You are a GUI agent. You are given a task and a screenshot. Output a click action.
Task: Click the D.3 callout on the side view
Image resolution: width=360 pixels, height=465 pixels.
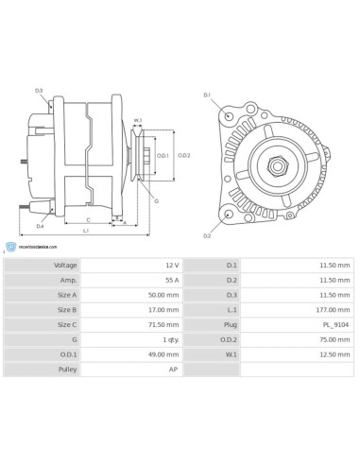coord(39,91)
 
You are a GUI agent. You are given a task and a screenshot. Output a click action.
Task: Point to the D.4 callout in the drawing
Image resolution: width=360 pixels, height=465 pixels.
coord(40,227)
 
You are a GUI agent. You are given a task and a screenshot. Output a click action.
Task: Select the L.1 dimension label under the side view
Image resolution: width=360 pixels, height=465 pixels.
coord(86,232)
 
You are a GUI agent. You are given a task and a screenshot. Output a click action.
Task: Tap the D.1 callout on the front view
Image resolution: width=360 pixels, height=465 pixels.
coord(207,95)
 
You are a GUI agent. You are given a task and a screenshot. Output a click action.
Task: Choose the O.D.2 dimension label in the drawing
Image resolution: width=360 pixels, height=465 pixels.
coord(185,155)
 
